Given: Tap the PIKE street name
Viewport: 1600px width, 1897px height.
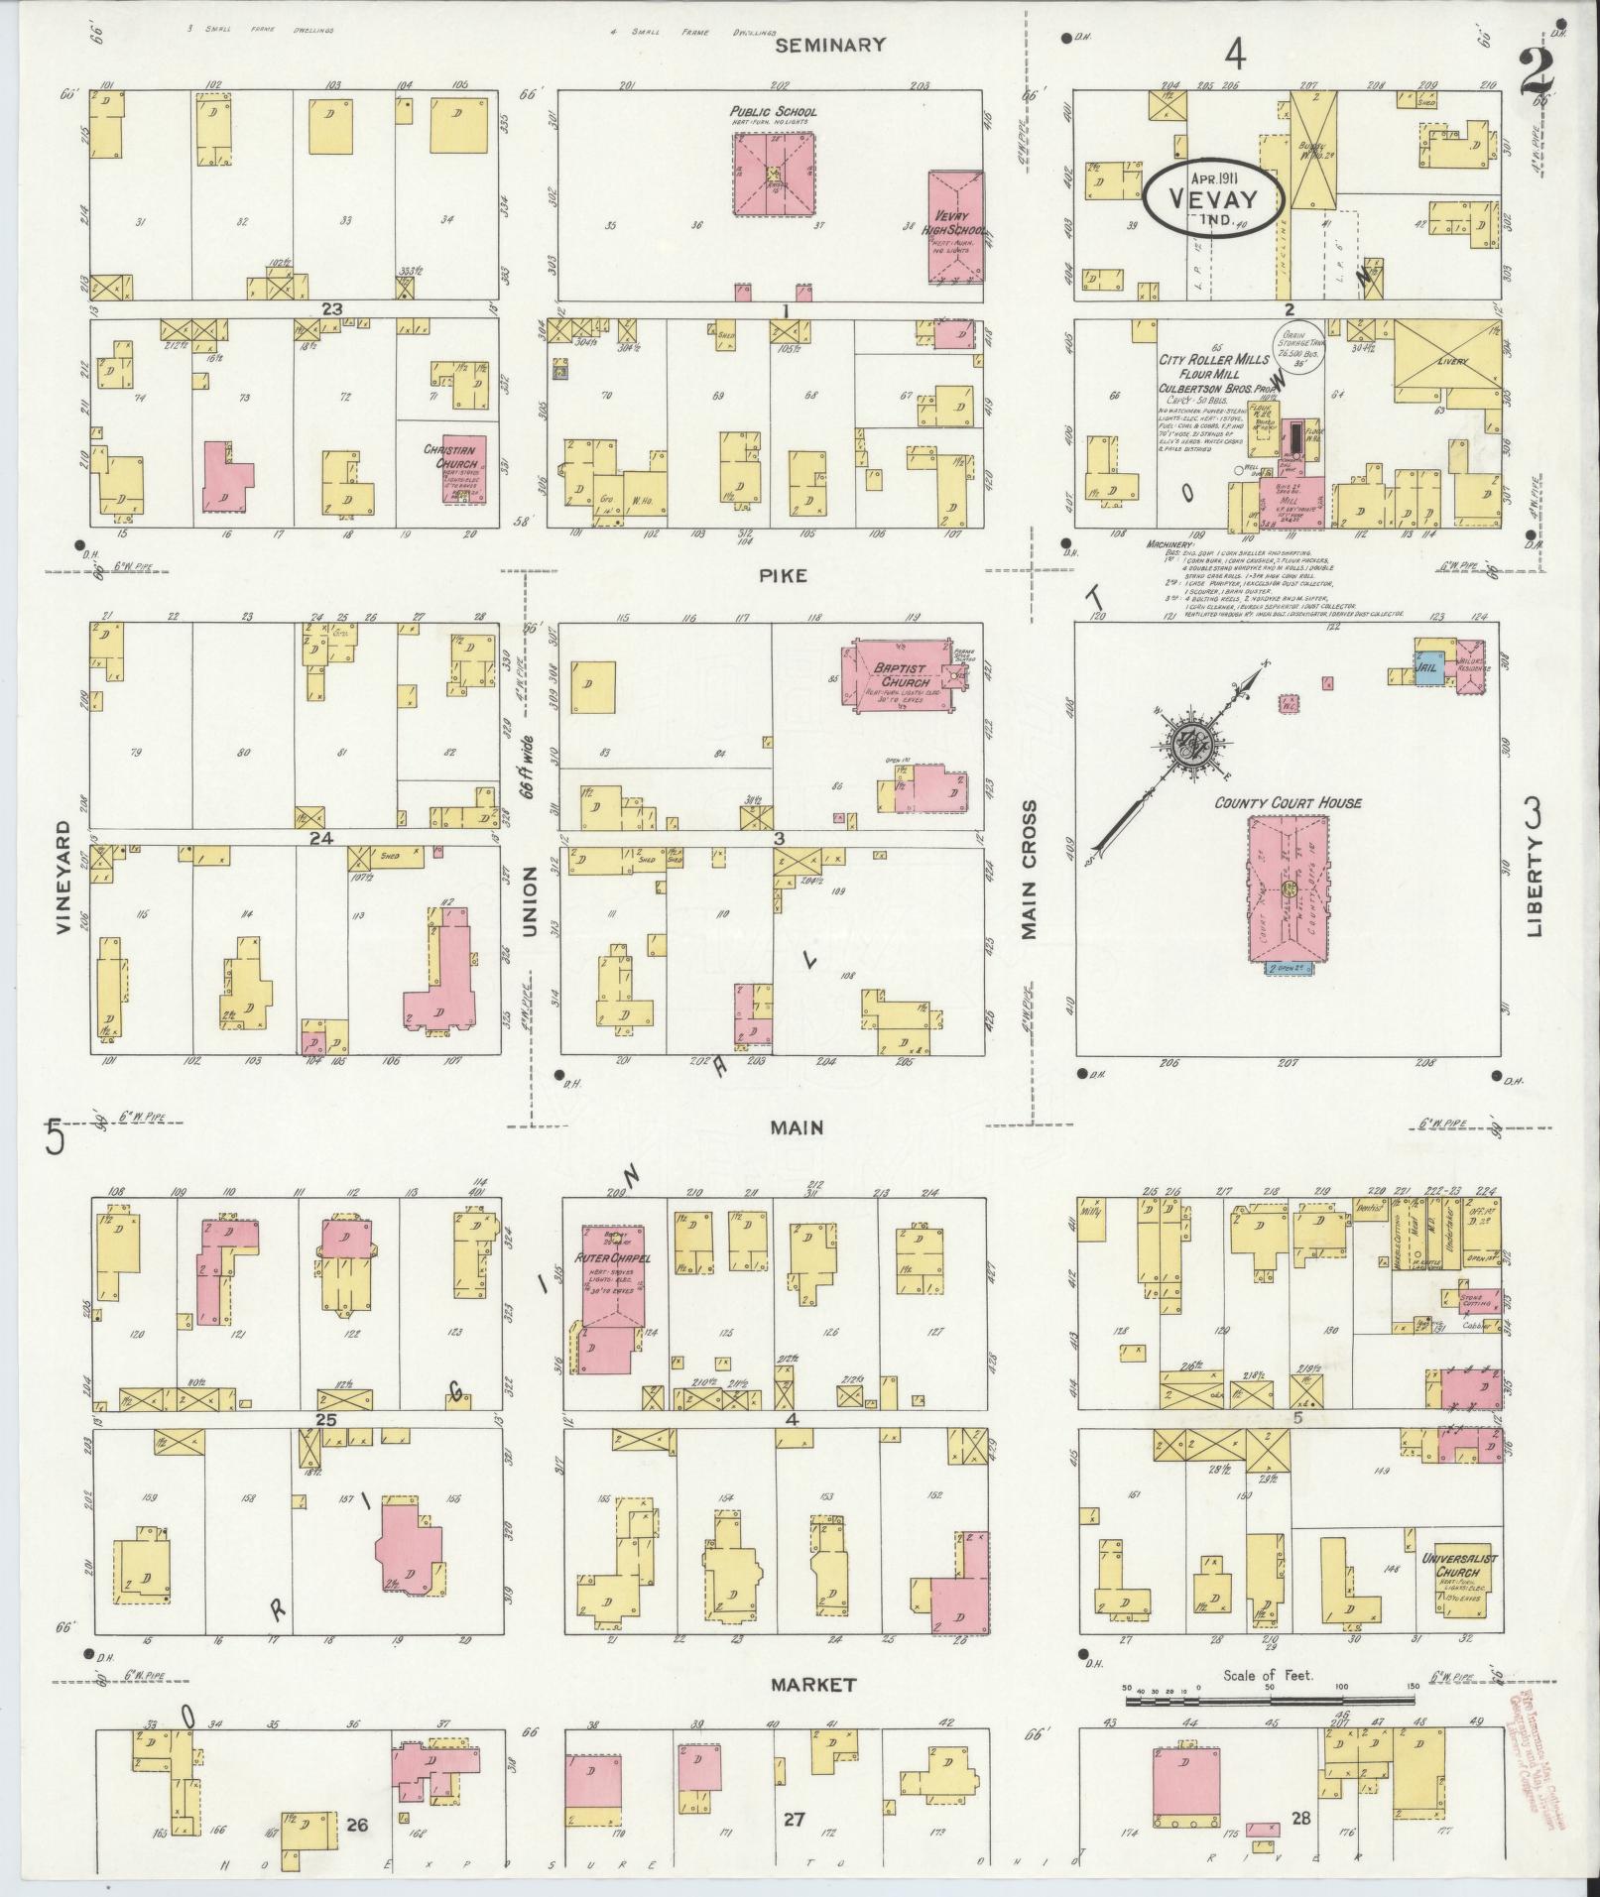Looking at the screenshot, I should pyautogui.click(x=785, y=575).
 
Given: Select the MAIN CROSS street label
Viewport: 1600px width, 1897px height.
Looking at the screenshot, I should pyautogui.click(x=1030, y=871).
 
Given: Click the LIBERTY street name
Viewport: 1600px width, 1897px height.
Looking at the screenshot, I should pyautogui.click(x=1536, y=884).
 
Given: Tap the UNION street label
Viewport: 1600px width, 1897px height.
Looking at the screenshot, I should pyautogui.click(x=529, y=901).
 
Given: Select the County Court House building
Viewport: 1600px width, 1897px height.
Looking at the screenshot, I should pyautogui.click(x=1289, y=888).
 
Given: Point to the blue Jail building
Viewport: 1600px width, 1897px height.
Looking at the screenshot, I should pyautogui.click(x=1429, y=665).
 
